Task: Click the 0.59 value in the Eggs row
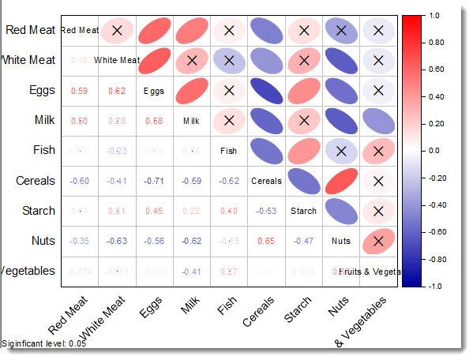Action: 79,91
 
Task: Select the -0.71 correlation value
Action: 154,181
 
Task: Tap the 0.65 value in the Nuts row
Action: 266,241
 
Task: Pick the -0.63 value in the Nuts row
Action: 116,241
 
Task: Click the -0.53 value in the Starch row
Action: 266,211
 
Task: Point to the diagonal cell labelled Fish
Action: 229,151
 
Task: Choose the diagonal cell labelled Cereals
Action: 266,181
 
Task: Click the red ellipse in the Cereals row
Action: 341,181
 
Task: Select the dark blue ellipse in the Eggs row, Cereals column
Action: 266,91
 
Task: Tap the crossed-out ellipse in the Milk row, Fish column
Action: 229,121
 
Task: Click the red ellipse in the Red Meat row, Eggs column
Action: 154,31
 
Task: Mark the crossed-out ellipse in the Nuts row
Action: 378,241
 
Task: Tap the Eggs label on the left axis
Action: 39,90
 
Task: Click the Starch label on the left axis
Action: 36,211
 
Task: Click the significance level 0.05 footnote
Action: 44,343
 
